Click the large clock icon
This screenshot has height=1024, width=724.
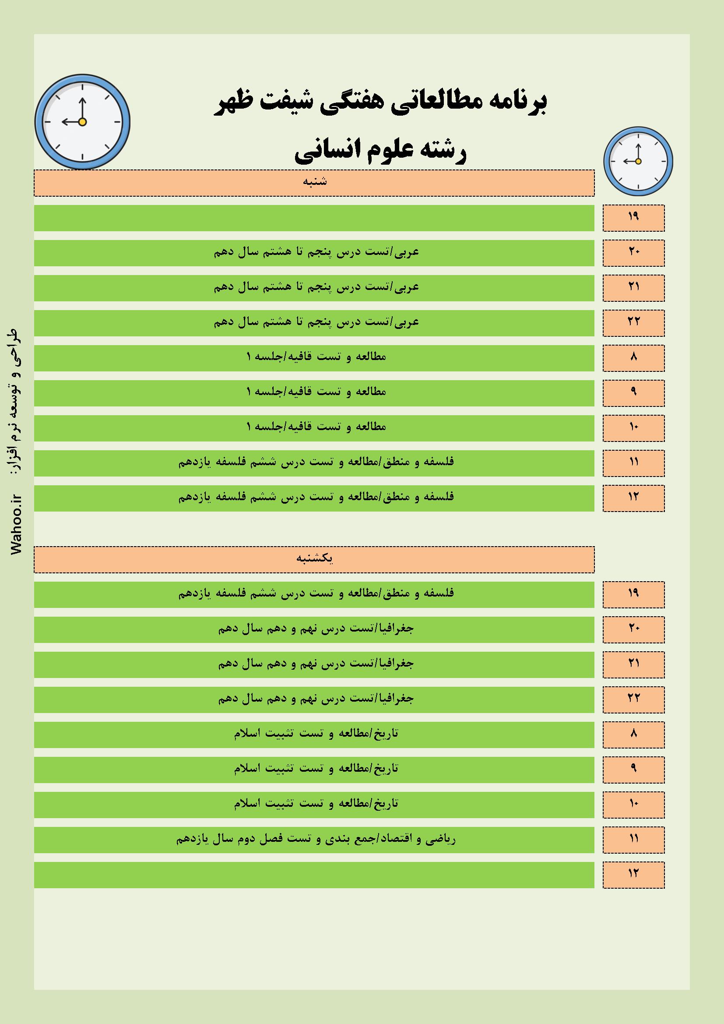point(82,122)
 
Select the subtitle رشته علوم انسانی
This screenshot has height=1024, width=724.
point(380,152)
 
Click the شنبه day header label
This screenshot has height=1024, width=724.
point(315,182)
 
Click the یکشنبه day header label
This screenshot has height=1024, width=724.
point(315,559)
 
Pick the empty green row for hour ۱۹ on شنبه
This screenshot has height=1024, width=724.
point(314,218)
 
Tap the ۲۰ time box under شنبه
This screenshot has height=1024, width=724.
point(633,252)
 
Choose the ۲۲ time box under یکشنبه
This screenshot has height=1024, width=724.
point(633,699)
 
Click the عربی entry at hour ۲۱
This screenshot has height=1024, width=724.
point(316,287)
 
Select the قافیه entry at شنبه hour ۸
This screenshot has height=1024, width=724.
point(316,357)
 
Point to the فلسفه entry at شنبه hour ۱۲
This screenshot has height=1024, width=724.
point(316,497)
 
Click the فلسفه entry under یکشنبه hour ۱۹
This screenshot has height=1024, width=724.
point(316,593)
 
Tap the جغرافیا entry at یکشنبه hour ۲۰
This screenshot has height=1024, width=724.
point(316,629)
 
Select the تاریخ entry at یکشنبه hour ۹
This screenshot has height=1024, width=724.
point(316,769)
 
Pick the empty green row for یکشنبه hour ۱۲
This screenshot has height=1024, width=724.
point(314,875)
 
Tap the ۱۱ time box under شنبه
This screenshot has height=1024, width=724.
point(633,463)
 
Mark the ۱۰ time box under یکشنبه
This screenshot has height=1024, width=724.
point(633,804)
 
